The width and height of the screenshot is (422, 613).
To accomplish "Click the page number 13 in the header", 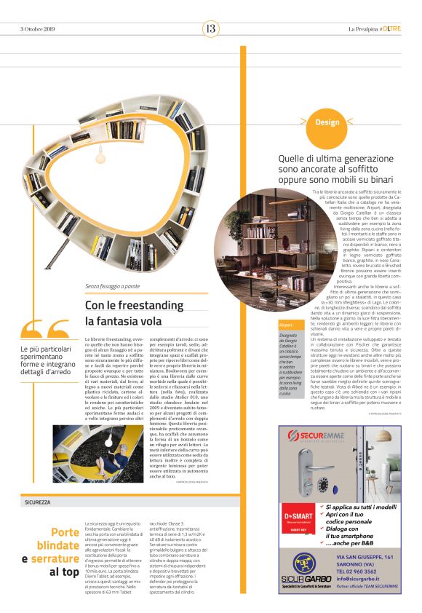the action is coord(210,28).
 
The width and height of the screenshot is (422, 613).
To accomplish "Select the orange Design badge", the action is coord(327,122).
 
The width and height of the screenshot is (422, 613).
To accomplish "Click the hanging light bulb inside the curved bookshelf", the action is coord(100,156).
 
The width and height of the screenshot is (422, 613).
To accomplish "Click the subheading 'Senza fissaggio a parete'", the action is coord(113,287).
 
